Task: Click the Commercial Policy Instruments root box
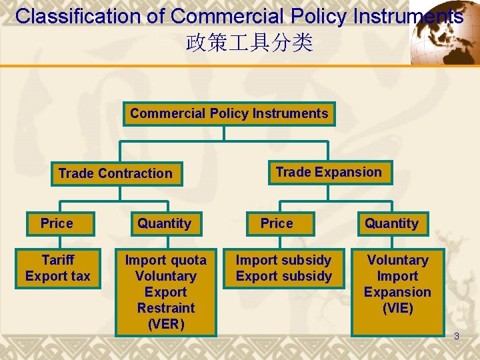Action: coord(229,114)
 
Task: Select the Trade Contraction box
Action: coord(115,173)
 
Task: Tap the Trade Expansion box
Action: coord(329,172)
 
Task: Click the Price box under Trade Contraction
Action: coord(57,223)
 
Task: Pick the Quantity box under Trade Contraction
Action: coord(164,223)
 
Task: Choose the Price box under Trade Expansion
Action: coord(277,223)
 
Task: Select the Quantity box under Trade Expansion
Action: coord(391,223)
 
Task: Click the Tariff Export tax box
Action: coord(58,268)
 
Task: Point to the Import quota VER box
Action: coord(166,292)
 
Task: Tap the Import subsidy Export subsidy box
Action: coord(284,268)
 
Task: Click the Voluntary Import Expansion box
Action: coord(397,284)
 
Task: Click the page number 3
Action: coord(457,336)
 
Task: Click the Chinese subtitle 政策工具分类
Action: coord(249,44)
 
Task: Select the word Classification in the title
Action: coord(89,17)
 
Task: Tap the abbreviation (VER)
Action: coord(165,324)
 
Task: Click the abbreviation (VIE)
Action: coord(397,308)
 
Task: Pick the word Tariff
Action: coord(58,260)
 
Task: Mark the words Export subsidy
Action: coord(284,276)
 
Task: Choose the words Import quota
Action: coord(166,260)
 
